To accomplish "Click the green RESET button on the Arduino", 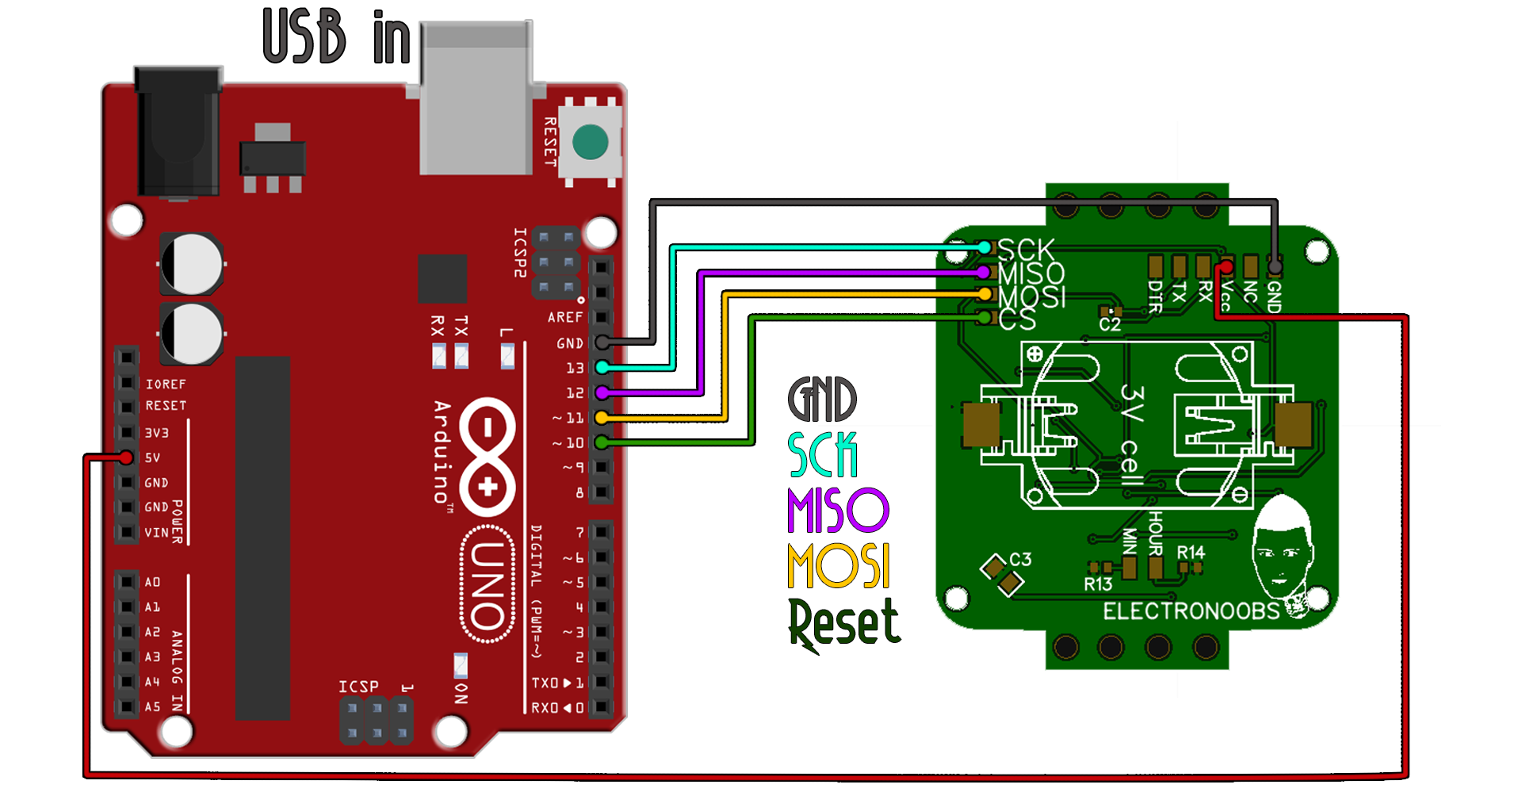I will click(590, 143).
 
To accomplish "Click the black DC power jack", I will click(178, 131).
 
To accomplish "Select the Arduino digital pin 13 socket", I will click(602, 367).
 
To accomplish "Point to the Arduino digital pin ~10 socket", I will click(602, 442).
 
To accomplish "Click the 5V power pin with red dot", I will click(127, 457).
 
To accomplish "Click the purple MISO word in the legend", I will click(838, 511).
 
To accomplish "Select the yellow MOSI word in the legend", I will click(839, 565).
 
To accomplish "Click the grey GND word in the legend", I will click(822, 400).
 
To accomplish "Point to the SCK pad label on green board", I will click(1026, 250).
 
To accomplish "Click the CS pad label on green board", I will click(1018, 319).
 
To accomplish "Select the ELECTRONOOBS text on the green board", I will click(1191, 611).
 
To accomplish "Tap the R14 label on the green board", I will click(1190, 552).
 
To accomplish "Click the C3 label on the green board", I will click(1020, 559).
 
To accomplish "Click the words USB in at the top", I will click(337, 37).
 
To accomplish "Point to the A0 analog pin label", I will click(152, 582).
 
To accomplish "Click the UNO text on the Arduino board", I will click(488, 585).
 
